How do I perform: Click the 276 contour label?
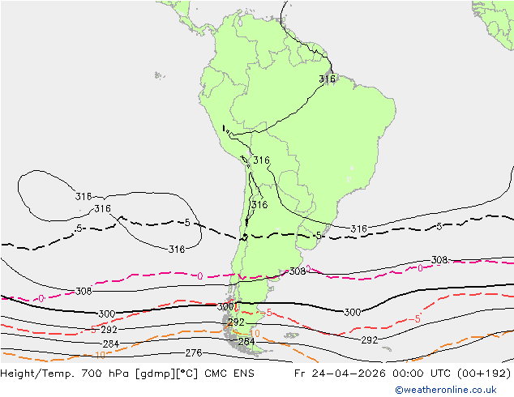point(194,353)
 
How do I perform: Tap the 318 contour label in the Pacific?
point(177,250)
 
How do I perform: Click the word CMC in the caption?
point(216,374)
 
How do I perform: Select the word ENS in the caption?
point(243,374)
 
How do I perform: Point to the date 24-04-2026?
point(349,374)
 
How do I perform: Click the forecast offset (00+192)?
point(484,374)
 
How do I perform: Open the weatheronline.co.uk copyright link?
point(446,390)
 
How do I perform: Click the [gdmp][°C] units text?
point(167,374)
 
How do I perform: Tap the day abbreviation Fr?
point(299,374)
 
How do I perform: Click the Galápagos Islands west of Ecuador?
point(159,75)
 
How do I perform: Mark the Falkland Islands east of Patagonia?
point(291,335)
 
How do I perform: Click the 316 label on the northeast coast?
point(328,79)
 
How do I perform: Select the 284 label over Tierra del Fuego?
point(246,342)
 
